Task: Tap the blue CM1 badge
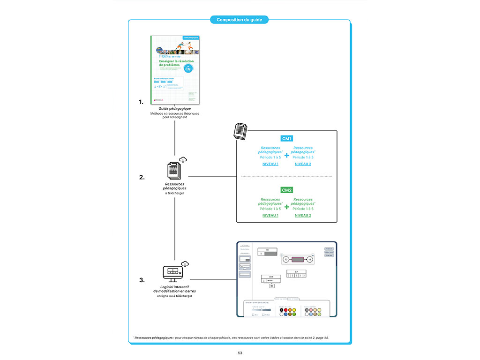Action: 286,139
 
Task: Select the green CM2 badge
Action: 286,190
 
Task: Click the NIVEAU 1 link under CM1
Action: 270,164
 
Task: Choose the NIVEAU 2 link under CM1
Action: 303,164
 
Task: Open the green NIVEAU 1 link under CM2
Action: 270,216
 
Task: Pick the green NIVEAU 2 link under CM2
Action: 303,216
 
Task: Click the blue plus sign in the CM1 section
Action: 286,155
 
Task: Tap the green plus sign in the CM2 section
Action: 286,206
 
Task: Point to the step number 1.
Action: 141,101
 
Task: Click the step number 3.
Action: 141,280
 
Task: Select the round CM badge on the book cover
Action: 188,68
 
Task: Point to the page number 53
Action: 240,352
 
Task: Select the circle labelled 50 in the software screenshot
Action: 285,259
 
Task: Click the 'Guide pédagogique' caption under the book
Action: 174,109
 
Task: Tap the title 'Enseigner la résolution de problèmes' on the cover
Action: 173,63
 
